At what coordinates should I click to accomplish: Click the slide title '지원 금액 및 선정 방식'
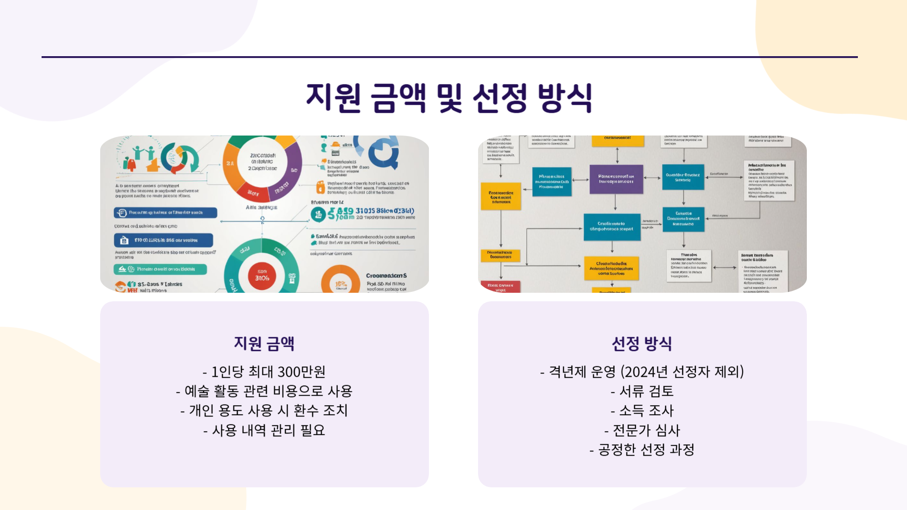click(449, 98)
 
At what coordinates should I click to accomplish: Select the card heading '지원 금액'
click(264, 343)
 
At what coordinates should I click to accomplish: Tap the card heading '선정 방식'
click(642, 343)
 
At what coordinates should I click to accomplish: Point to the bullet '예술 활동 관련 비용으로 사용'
click(265, 391)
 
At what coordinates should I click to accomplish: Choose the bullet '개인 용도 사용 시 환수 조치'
click(265, 411)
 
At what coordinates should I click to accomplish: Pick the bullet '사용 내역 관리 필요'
click(265, 431)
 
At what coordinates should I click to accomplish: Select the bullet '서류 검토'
click(642, 391)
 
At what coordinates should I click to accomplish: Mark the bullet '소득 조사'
click(642, 411)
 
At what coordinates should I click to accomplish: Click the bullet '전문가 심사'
click(642, 431)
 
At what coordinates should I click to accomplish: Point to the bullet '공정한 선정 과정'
click(642, 450)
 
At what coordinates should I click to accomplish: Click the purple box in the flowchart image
click(616, 179)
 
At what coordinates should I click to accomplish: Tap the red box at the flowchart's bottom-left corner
click(500, 286)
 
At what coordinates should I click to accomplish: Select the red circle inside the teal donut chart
click(262, 275)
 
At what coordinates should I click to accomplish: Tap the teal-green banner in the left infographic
click(160, 269)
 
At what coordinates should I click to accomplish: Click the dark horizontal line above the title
click(449, 57)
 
